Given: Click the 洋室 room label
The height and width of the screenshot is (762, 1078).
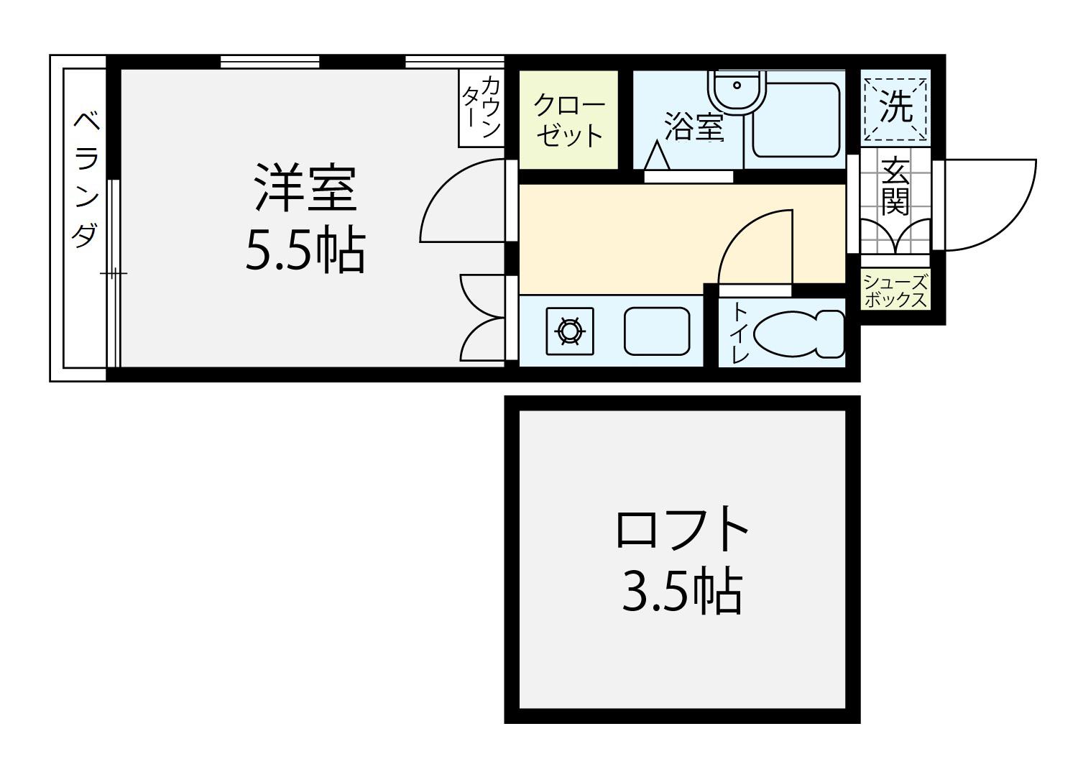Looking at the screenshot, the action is (305, 188).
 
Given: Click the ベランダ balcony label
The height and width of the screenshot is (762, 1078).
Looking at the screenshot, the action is (87, 179).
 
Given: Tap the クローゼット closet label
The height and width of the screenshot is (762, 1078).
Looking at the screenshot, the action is (569, 120).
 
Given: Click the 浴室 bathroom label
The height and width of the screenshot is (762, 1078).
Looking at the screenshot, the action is (694, 126).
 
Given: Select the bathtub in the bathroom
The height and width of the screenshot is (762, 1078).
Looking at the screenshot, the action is (796, 120).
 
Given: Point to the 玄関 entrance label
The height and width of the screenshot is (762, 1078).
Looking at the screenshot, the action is (895, 185).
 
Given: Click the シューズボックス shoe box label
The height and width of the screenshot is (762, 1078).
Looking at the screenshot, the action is (895, 290).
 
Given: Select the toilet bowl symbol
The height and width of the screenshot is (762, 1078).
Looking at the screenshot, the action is (798, 334).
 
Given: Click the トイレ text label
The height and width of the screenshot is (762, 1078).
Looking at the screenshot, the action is (740, 333).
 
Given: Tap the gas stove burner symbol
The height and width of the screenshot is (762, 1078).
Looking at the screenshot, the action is (570, 331).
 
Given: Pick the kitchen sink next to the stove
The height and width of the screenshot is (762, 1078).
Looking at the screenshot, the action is (657, 331).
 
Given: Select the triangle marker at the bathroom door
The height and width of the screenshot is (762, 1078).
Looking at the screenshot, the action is (656, 155).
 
